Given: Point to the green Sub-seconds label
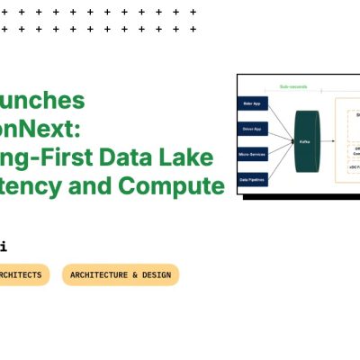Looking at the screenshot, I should click(294, 86).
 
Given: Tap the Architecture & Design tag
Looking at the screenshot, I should click(121, 274).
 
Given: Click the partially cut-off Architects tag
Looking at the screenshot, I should click(22, 274).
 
